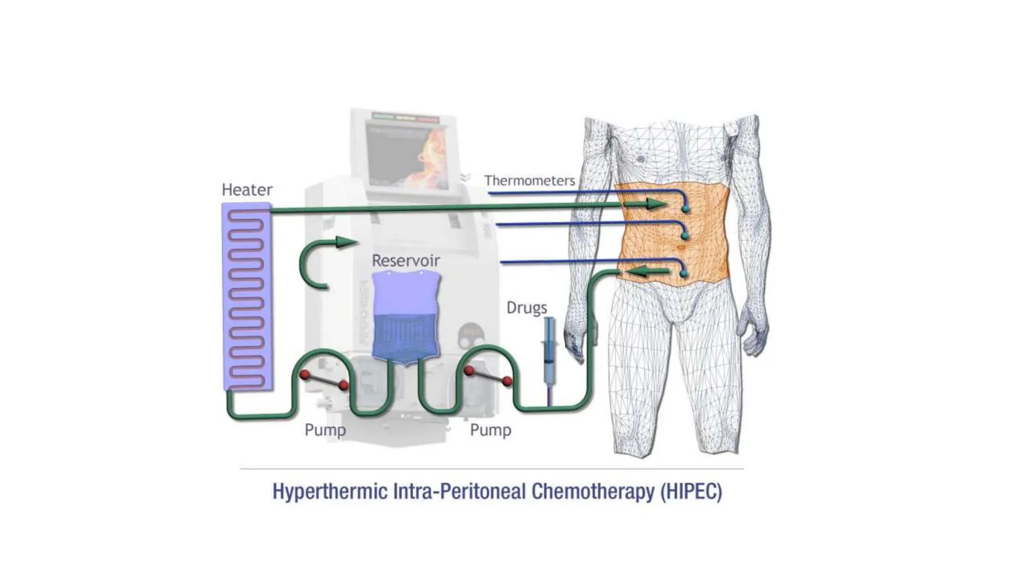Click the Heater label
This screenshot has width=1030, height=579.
[x=247, y=189]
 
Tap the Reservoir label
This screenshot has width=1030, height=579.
[x=406, y=260]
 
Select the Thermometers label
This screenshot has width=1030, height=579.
[x=530, y=180]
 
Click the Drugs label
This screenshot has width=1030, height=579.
[x=527, y=307]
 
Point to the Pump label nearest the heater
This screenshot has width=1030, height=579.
[x=325, y=430]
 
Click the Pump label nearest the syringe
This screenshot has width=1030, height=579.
[x=490, y=430]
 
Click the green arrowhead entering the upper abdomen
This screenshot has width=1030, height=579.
[x=657, y=204]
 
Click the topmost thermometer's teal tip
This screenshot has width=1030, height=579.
[x=685, y=208]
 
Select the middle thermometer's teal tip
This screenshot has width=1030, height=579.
[x=684, y=235]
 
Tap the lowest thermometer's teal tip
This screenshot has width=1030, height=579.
[x=683, y=273]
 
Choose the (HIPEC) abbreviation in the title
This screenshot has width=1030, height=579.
[x=692, y=491]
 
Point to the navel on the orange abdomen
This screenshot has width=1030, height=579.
[x=681, y=248]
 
